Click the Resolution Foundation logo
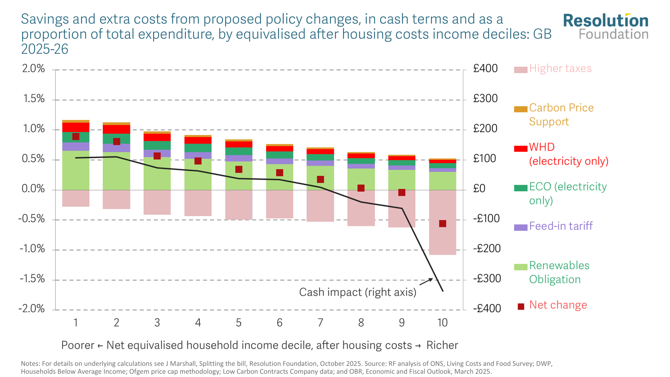[606, 27]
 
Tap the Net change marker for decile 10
[443, 224]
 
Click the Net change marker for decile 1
[76, 136]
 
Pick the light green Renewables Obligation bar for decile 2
[116, 171]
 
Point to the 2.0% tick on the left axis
[33, 69]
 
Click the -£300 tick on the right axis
[487, 278]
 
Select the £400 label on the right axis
[485, 69]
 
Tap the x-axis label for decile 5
[239, 323]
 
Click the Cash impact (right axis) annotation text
[357, 292]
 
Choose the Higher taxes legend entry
[560, 69]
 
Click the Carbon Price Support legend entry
[561, 115]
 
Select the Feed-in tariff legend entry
[561, 226]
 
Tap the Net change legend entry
[558, 305]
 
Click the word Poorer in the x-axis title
[78, 345]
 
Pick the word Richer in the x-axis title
[442, 345]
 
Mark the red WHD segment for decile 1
[76, 127]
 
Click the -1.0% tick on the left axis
[32, 249]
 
